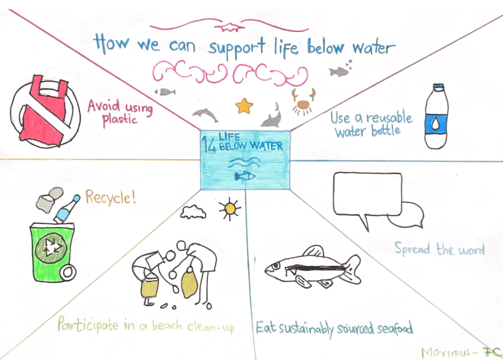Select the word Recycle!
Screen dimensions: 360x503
[x=111, y=197]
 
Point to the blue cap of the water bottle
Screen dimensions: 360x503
[x=438, y=87]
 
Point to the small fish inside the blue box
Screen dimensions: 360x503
[x=245, y=176]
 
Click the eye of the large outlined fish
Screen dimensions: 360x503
[x=275, y=265]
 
